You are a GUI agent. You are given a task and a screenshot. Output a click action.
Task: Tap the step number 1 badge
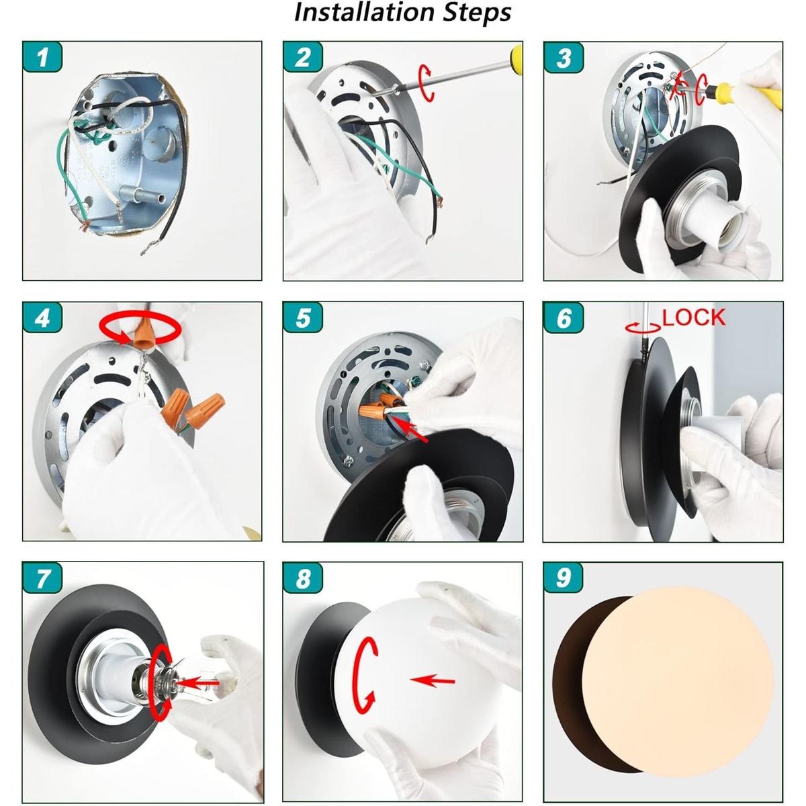click(x=42, y=57)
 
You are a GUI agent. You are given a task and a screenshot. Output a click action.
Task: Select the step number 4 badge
click(x=42, y=318)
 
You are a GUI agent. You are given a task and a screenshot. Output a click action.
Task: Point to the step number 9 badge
click(x=563, y=578)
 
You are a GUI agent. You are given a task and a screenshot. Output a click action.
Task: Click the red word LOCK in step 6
click(x=693, y=318)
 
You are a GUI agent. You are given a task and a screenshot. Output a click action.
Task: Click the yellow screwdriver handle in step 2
click(x=516, y=60)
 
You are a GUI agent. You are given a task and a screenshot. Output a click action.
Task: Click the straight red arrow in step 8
click(x=433, y=680)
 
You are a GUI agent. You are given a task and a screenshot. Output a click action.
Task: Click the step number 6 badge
click(x=563, y=318)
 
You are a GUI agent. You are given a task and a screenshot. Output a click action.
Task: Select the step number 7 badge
click(x=42, y=578)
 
